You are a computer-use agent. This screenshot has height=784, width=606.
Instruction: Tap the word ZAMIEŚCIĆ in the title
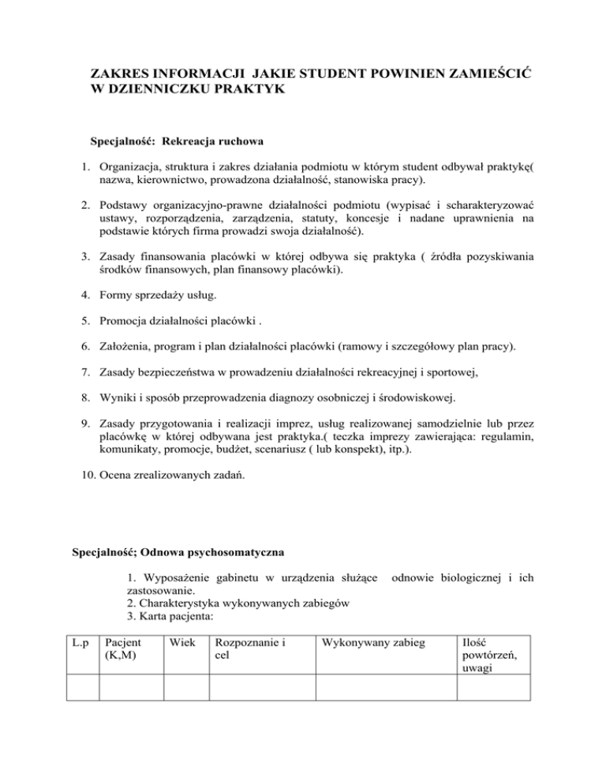(477, 73)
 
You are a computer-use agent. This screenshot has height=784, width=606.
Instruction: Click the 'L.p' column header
(80, 644)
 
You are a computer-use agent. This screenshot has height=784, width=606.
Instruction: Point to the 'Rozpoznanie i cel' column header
(250, 650)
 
